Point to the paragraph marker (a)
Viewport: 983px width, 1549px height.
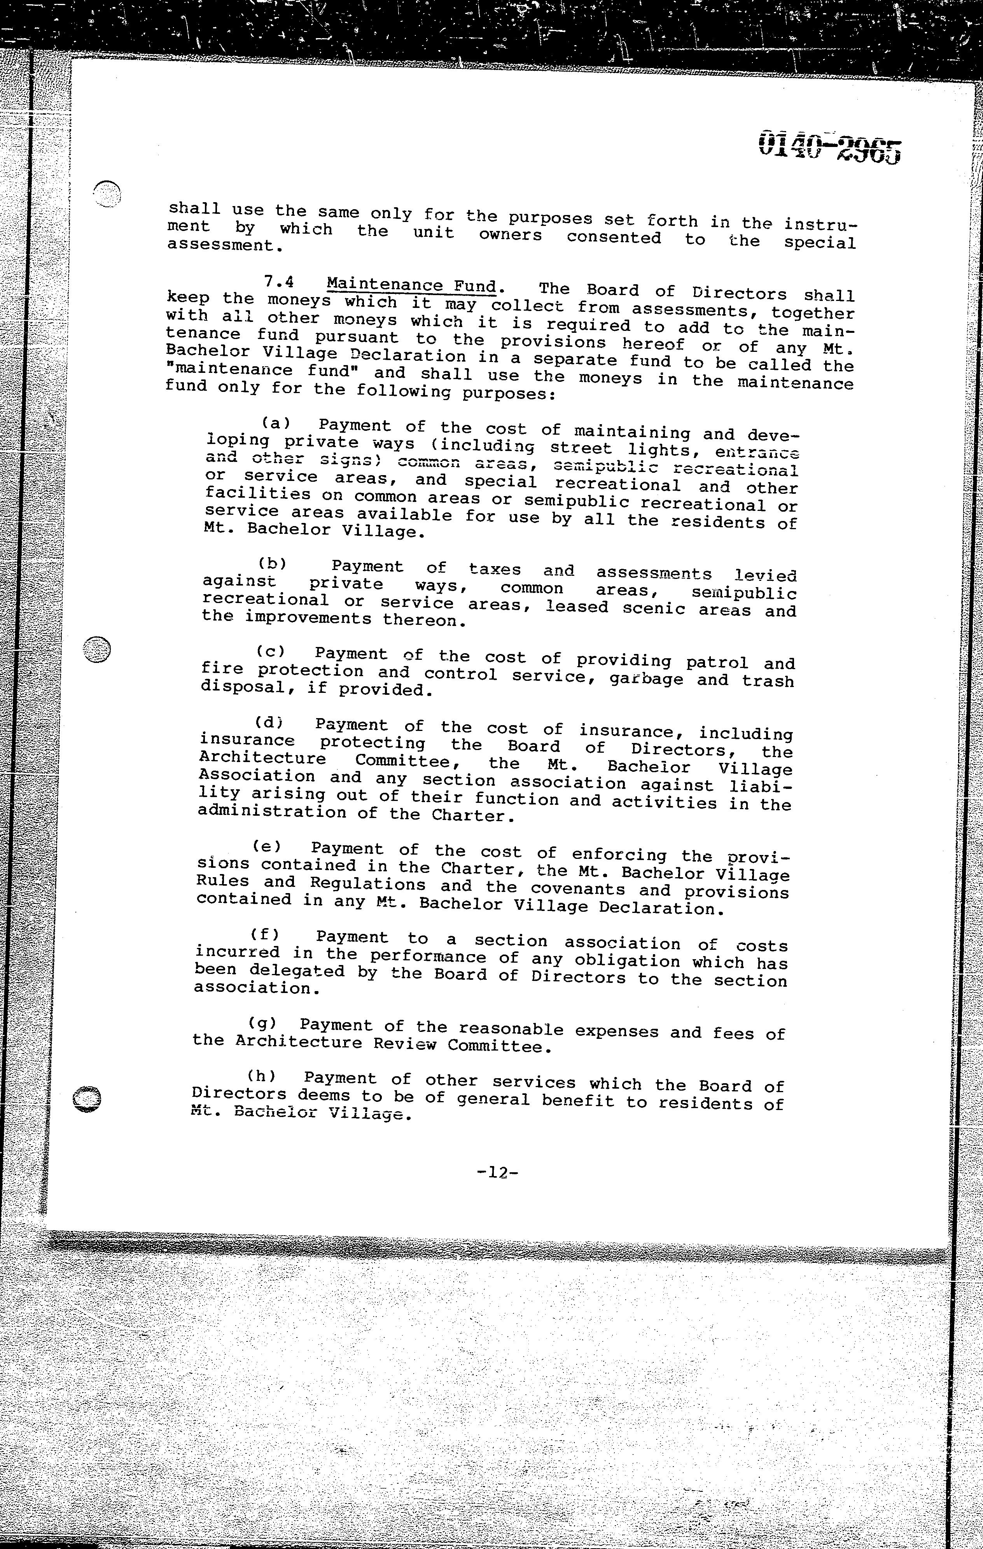[275, 423]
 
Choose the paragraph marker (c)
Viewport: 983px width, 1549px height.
[271, 652]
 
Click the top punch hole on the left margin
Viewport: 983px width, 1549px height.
[107, 193]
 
